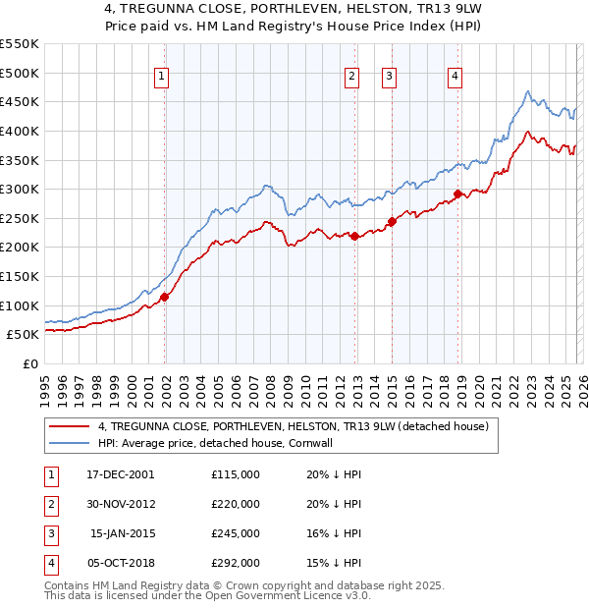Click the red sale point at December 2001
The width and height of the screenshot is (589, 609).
[165, 297]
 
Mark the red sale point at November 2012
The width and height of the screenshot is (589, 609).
[354, 236]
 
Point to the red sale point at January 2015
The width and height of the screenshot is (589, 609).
[392, 221]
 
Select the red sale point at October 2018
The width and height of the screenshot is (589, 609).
[457, 194]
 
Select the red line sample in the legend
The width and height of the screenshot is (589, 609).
[70, 427]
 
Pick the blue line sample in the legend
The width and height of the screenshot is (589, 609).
[70, 443]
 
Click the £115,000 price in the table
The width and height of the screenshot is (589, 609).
[236, 474]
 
